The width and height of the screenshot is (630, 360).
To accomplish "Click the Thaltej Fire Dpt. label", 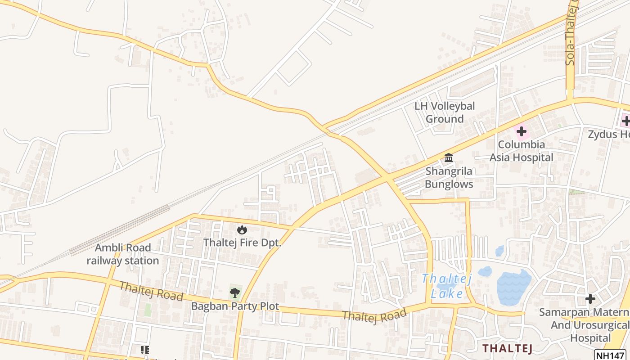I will (242, 243).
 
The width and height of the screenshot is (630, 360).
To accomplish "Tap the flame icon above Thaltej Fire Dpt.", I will (242, 230).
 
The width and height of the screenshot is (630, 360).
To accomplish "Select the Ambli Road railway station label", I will (123, 254).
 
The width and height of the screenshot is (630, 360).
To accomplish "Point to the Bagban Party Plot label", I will (235, 306).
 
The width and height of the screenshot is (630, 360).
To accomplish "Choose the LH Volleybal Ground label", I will (445, 112).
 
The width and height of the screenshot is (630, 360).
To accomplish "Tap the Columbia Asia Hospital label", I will (522, 151).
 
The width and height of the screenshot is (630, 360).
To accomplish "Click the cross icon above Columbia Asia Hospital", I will (522, 131).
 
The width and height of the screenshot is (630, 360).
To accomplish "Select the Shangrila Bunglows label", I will (449, 178).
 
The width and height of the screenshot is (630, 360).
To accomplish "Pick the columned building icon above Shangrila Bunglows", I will (449, 158).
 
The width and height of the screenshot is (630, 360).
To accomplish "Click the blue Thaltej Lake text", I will (446, 286).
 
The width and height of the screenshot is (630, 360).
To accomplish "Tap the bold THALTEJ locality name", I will (508, 348).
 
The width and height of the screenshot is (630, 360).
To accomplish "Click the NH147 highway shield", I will (610, 355).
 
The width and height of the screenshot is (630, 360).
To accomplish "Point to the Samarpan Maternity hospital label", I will (584, 325).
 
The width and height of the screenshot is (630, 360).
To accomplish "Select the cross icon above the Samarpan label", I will (590, 299).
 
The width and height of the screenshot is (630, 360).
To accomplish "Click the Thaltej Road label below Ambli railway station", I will (151, 291).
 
